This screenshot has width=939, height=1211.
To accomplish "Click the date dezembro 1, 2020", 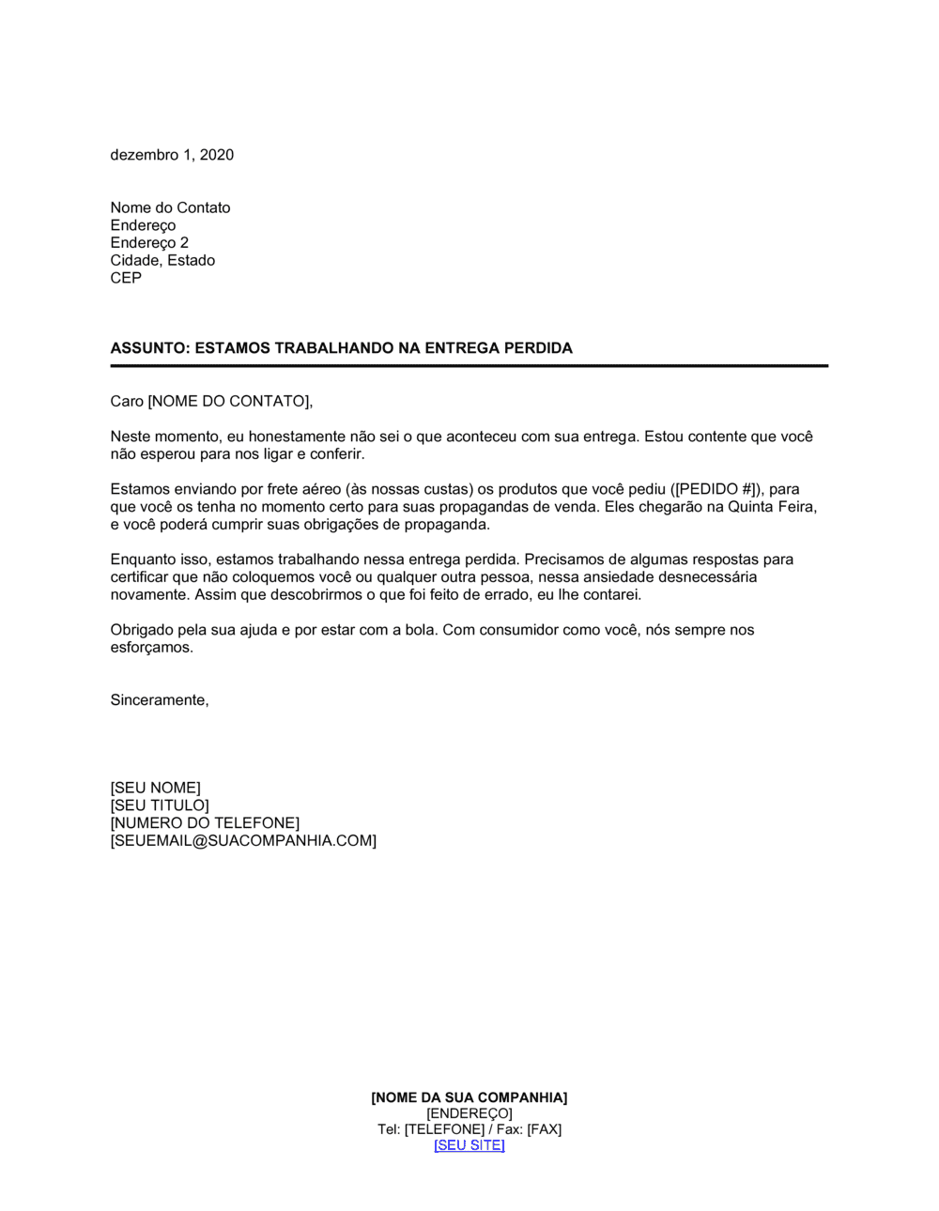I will (172, 155).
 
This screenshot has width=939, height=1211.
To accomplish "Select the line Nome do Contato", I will (170, 207).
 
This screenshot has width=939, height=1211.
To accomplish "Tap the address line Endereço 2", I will (149, 243).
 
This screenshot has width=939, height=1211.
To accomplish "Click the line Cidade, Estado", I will (162, 260).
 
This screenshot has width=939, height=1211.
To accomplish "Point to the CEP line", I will (126, 278).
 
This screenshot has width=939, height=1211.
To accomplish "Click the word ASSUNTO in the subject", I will (148, 348).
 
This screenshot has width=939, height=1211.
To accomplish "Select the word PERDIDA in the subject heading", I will (538, 348).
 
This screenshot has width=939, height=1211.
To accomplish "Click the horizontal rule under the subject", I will (469, 366).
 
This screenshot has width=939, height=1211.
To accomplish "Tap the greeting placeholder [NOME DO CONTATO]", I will (228, 402).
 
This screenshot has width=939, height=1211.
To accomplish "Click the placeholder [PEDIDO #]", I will (717, 489).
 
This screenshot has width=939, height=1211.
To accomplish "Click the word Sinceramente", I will (160, 700).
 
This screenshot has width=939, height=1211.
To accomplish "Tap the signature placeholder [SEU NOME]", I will (155, 788).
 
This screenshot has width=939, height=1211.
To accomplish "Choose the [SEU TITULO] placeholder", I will (160, 805).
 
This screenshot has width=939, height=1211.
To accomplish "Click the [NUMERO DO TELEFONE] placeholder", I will (205, 823).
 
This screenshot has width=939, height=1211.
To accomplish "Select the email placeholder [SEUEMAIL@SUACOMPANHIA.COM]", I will (243, 841).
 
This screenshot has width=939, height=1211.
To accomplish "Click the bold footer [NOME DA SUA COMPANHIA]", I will (469, 1097).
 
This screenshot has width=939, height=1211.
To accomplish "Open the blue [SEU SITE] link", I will (469, 1145).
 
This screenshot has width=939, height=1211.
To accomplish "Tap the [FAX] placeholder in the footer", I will (544, 1129).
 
